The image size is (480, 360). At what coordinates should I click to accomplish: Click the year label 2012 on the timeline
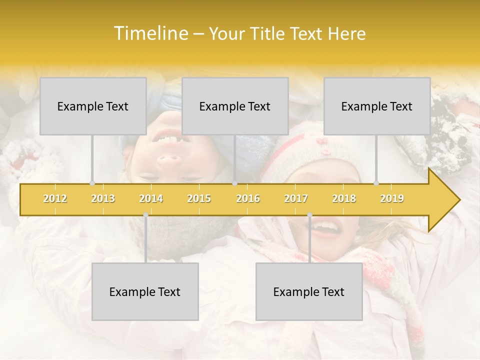click(x=55, y=198)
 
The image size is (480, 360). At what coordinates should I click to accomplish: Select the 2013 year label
click(x=103, y=198)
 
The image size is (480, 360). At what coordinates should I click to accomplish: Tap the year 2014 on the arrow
click(x=151, y=198)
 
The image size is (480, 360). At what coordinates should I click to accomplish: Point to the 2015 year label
click(x=199, y=198)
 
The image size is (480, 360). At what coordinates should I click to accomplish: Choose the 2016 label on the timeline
click(x=248, y=198)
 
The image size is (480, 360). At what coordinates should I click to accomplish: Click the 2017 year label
click(x=296, y=198)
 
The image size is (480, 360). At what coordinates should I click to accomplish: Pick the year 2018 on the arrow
click(x=344, y=198)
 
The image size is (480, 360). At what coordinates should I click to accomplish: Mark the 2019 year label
click(x=392, y=198)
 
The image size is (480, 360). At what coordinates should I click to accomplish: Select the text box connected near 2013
click(x=93, y=106)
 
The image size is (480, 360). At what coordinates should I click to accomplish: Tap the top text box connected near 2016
click(x=235, y=106)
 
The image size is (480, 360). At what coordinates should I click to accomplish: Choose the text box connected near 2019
click(x=377, y=106)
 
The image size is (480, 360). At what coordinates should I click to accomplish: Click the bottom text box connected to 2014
click(x=145, y=291)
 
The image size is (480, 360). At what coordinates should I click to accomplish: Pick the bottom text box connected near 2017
click(x=309, y=291)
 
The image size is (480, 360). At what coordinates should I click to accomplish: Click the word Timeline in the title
click(x=150, y=33)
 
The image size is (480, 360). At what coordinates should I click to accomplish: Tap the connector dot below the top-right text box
click(x=376, y=183)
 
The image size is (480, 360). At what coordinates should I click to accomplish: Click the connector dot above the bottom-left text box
click(x=145, y=214)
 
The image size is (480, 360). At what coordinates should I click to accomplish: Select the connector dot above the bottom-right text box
click(x=309, y=214)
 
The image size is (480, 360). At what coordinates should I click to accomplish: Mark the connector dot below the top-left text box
click(x=92, y=183)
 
